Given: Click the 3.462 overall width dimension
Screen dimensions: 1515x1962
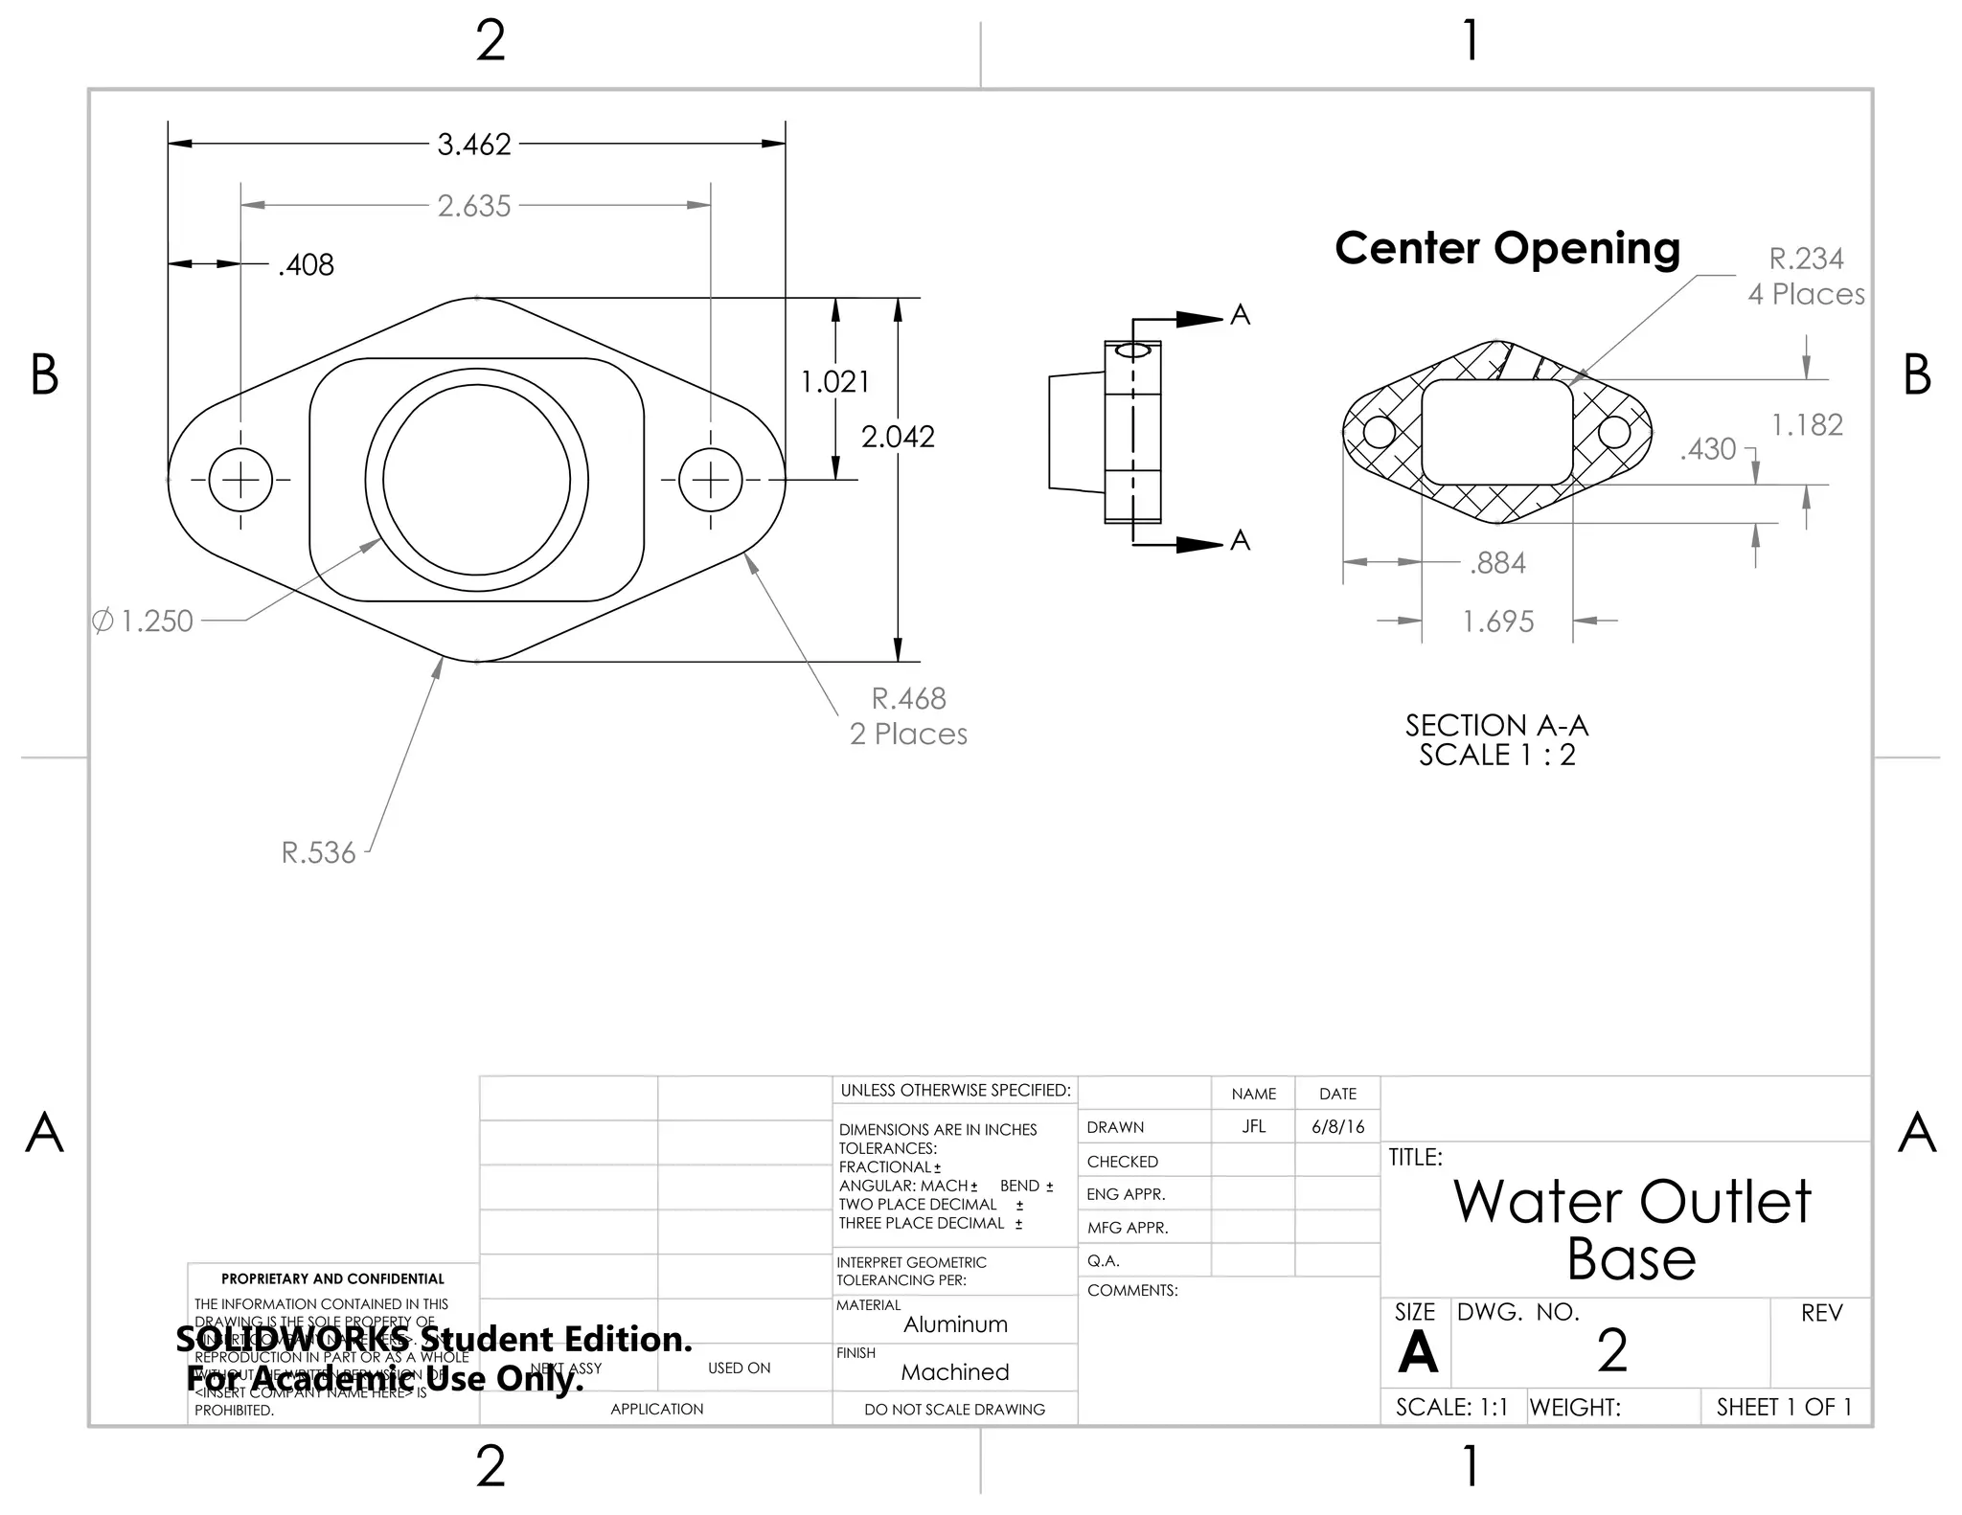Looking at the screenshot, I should (474, 145).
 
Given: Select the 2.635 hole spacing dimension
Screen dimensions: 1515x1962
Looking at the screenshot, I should (474, 206).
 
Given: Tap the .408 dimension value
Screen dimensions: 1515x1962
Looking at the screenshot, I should (306, 265).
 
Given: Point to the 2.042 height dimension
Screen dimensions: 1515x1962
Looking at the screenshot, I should (898, 437).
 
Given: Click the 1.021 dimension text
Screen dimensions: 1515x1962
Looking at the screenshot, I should (834, 382).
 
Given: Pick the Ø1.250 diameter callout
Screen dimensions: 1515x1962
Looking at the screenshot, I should (144, 622).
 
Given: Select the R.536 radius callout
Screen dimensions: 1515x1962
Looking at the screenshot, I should (318, 852).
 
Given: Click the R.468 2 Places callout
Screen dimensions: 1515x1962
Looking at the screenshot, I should (908, 716).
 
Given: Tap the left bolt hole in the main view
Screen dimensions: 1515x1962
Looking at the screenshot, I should (240, 480).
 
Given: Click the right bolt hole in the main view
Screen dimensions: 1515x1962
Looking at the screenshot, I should (711, 480).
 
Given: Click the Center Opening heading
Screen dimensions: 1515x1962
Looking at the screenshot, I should (1507, 248).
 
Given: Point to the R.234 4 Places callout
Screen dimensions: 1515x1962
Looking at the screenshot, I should (1806, 276).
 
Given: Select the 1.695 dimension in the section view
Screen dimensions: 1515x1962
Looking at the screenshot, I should (1498, 622).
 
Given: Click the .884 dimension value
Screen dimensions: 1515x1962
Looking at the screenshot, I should (1498, 563).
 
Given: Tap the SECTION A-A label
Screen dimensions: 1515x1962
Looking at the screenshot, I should (1496, 739).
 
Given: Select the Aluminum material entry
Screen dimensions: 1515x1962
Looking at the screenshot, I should (955, 1324).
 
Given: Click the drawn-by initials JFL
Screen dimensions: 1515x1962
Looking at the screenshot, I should (1253, 1127).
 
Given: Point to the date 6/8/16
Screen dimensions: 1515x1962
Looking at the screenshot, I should (1337, 1127).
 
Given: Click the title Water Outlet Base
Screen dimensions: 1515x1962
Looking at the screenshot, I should (1631, 1229).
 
